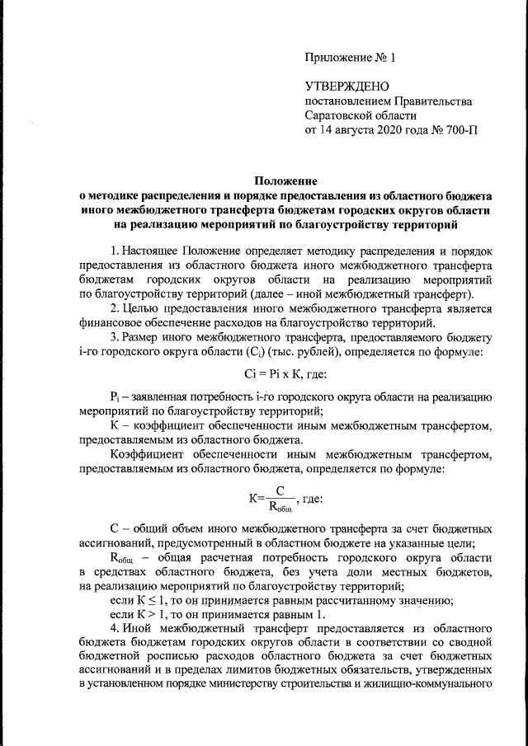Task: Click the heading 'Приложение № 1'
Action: pos(351,59)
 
